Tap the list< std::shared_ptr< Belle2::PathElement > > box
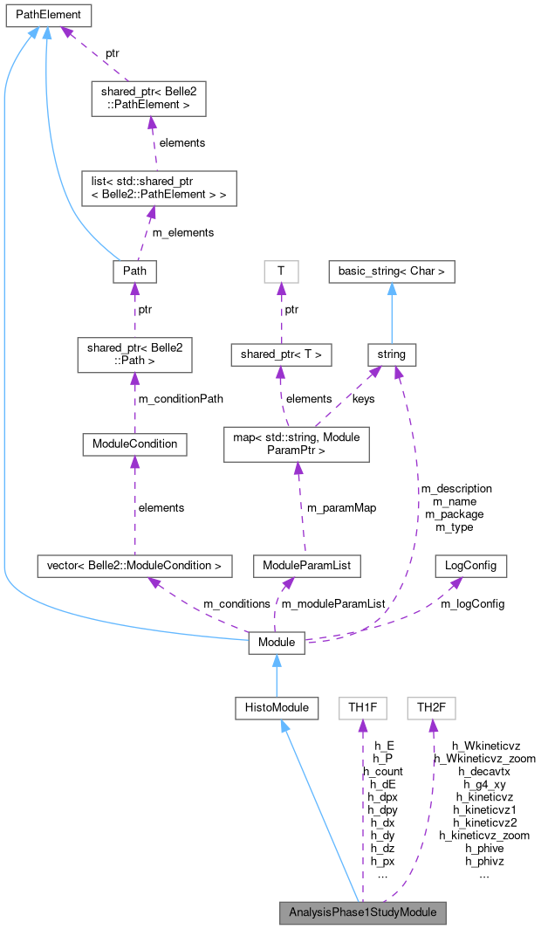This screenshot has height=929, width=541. [154, 188]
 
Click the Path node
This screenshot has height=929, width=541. [134, 272]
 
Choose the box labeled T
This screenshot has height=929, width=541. [281, 272]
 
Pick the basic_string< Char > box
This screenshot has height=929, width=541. [391, 272]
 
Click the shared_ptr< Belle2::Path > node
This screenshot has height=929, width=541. [134, 354]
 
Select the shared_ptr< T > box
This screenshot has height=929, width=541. [281, 354]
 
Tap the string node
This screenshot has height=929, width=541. [391, 354]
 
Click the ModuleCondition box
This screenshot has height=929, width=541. [134, 444]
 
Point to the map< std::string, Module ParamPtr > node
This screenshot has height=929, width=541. [298, 444]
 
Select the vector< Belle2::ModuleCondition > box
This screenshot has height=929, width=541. [134, 566]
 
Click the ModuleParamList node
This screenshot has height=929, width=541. [306, 566]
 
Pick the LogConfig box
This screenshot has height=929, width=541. [470, 566]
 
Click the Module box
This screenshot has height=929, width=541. [277, 643]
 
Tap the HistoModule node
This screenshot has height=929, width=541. [277, 707]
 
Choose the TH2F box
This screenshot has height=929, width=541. [431, 707]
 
